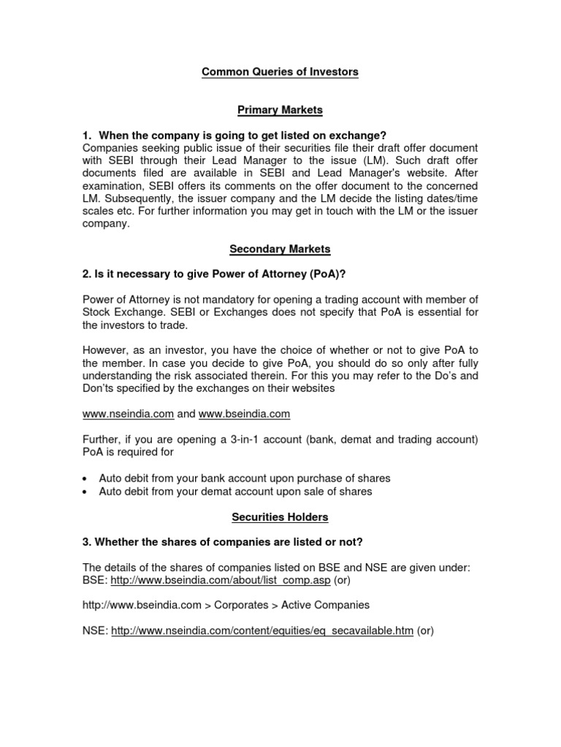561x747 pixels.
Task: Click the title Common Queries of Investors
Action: pyautogui.click(x=280, y=72)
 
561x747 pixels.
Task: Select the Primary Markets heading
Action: pyautogui.click(x=280, y=109)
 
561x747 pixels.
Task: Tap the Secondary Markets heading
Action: pyautogui.click(x=280, y=249)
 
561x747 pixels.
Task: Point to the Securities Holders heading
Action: pyautogui.click(x=280, y=517)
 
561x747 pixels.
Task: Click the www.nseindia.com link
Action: pyautogui.click(x=128, y=414)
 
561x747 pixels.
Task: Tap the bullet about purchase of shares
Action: pyautogui.click(x=245, y=479)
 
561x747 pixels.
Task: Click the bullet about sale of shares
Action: pyautogui.click(x=236, y=492)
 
